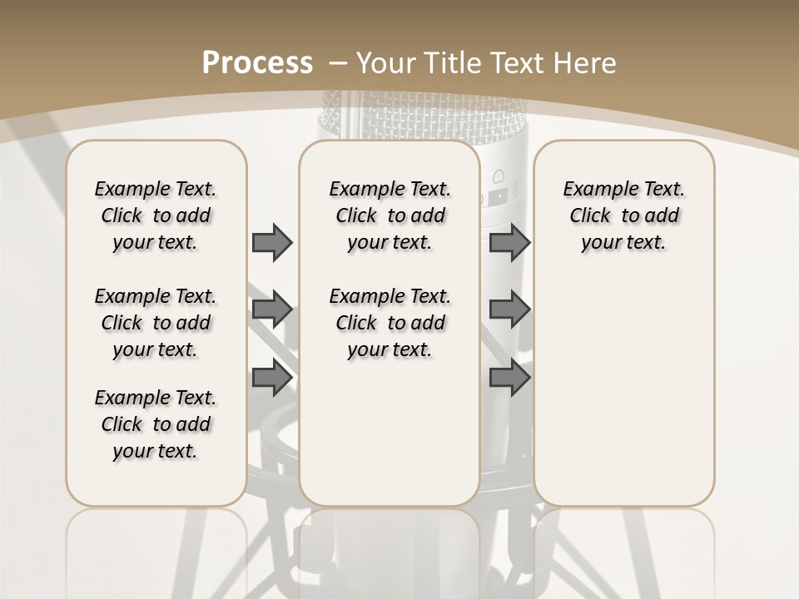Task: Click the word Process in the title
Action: click(257, 63)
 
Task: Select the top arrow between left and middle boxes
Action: click(272, 242)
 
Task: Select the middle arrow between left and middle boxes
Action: click(272, 310)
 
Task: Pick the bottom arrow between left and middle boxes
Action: click(272, 379)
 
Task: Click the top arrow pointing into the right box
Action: click(509, 242)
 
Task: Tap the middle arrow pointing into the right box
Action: click(509, 310)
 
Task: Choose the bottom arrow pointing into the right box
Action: click(509, 379)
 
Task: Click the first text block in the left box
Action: click(156, 215)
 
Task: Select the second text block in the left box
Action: click(156, 323)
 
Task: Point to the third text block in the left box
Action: click(156, 424)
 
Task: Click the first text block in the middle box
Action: click(390, 215)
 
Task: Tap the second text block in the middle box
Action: click(390, 323)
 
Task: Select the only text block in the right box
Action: click(623, 215)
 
